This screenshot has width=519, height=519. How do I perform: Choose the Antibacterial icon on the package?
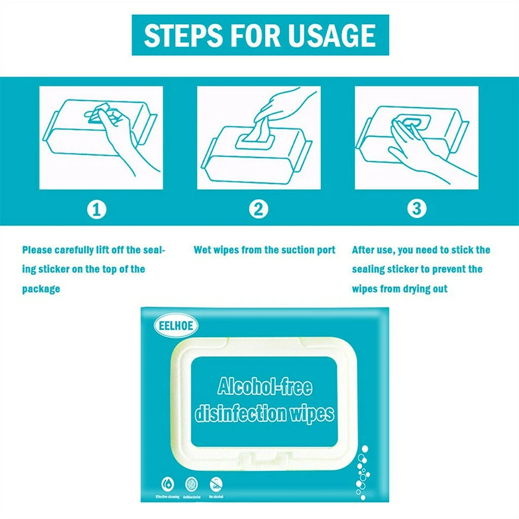(191, 483)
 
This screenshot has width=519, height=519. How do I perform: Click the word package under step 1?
(41, 289)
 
